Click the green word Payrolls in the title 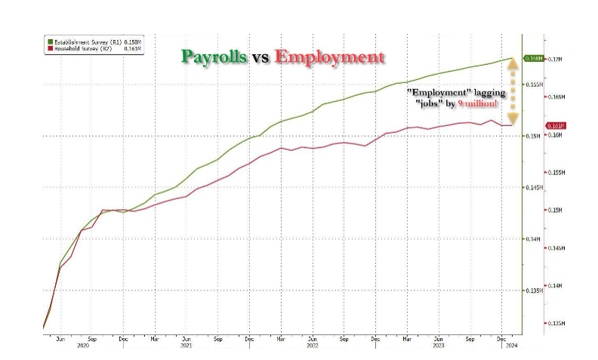click(x=214, y=57)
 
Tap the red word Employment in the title click(x=329, y=57)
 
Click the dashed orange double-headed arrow click(x=513, y=91)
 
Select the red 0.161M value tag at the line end click(x=532, y=125)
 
